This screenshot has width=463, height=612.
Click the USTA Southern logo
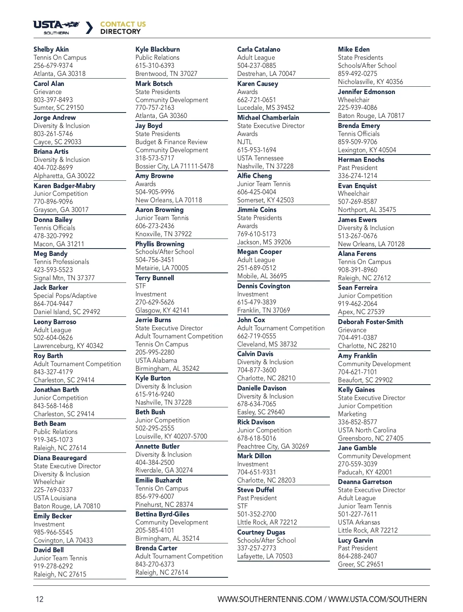56,27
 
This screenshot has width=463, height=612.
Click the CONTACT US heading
123,24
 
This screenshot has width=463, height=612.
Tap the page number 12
39,599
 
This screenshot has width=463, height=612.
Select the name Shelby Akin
51,49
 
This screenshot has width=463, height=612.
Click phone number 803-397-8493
53,100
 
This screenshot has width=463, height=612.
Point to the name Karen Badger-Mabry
64,186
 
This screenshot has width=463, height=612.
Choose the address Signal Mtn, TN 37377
64,278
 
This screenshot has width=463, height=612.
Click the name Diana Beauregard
60,458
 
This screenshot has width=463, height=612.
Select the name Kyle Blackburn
157,49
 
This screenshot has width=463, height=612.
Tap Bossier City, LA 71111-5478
174,166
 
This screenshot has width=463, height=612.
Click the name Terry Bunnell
154,278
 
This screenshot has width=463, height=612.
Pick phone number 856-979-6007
154,496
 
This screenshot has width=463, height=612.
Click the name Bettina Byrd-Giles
162,514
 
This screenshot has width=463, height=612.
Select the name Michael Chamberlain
268,118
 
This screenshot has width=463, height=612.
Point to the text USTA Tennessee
260,158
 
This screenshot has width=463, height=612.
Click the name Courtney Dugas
261,532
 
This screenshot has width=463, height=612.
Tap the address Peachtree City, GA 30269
273,446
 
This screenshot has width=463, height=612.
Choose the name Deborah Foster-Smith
370,322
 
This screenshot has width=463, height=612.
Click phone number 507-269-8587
357,202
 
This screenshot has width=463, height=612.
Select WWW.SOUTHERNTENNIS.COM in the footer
269,599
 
